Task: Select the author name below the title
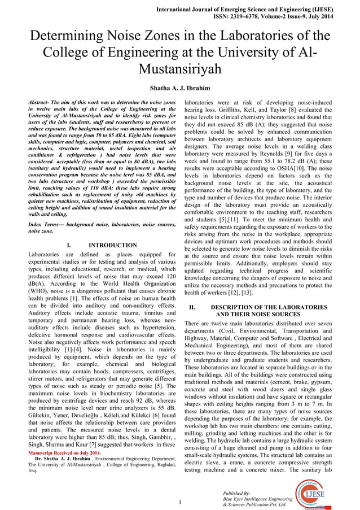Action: (x=179, y=89)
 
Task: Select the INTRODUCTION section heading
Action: (x=113, y=245)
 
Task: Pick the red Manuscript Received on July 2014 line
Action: (x=64, y=453)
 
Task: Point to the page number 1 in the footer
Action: (x=179, y=502)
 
